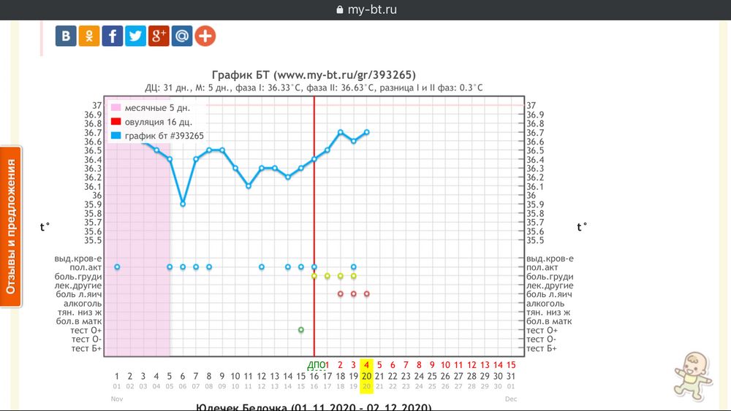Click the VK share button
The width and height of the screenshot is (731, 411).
66,36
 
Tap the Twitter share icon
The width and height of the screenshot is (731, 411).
135,36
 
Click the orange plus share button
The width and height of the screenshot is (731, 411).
205,36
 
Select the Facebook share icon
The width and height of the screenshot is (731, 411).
112,36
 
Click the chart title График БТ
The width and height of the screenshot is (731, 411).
314,74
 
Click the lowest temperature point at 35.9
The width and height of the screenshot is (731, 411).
183,204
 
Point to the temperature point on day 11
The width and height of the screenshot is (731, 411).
249,186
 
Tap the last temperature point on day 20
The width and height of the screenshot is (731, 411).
367,132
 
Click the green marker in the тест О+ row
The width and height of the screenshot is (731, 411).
301,330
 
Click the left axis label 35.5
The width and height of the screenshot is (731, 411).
93,240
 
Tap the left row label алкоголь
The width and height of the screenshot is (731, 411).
83,304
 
